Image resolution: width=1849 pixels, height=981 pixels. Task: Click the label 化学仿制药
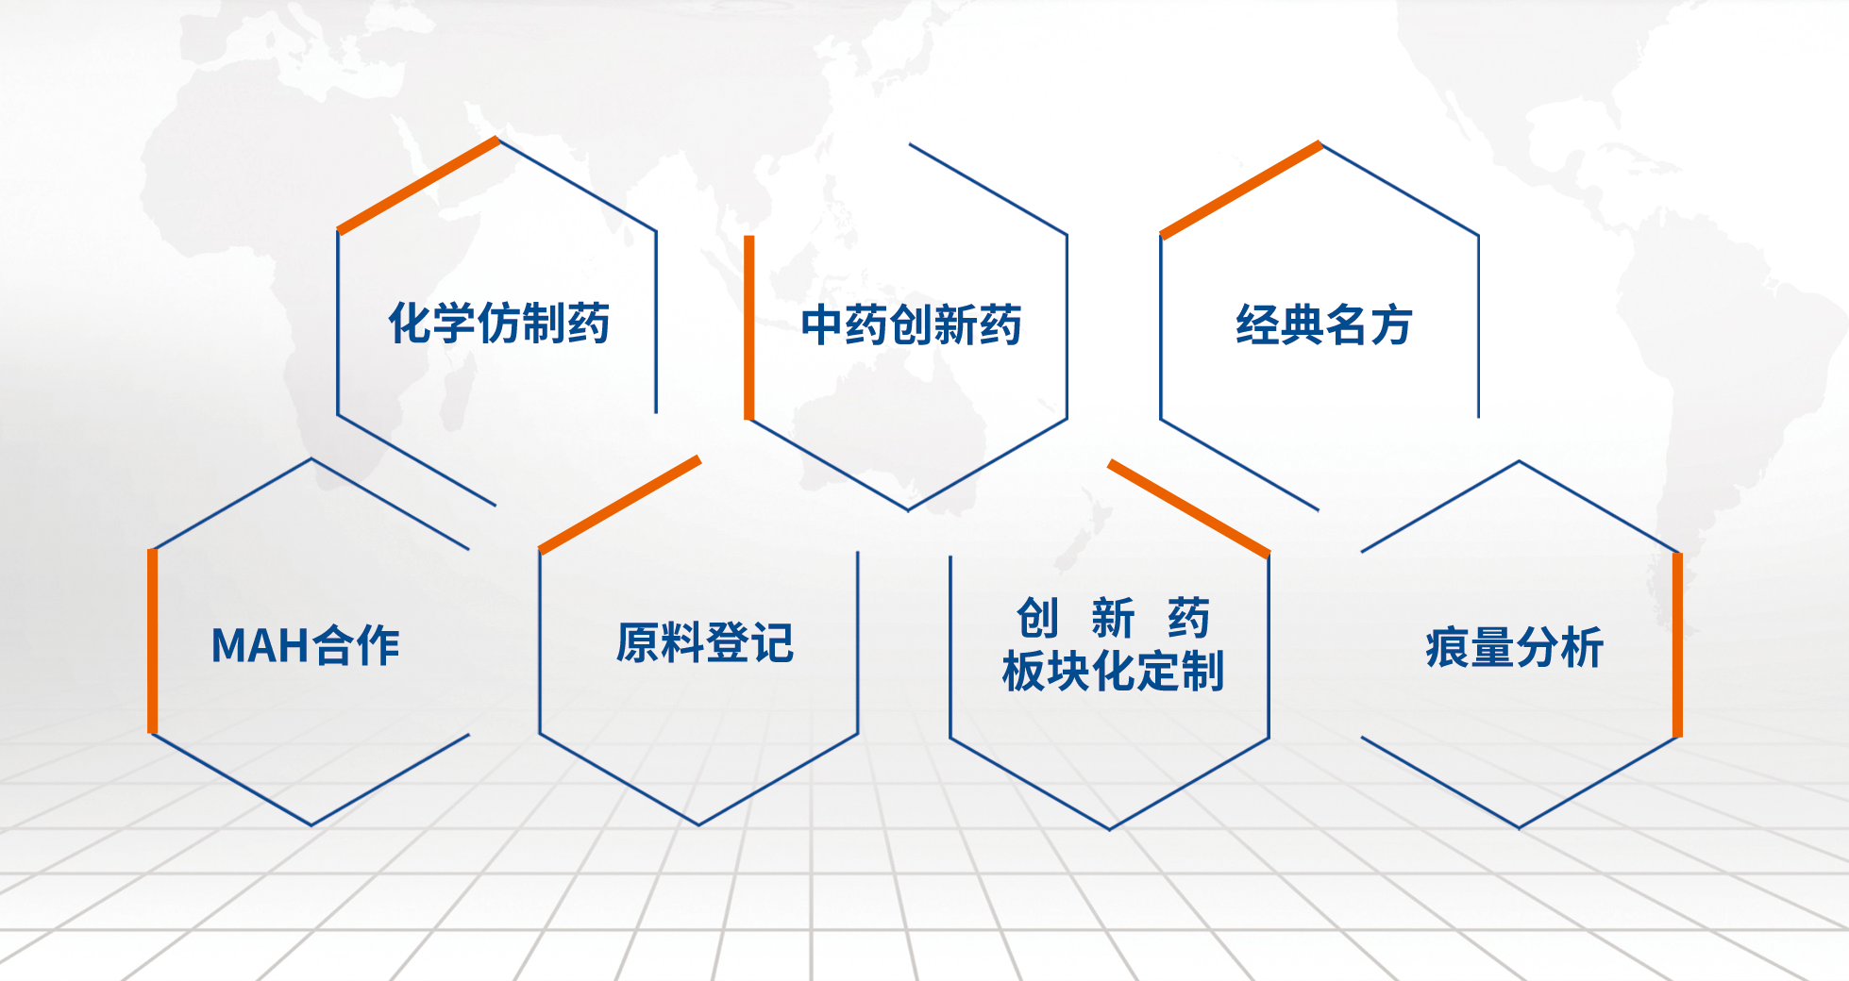[x=499, y=324]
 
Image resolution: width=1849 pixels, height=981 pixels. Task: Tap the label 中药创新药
[x=911, y=325]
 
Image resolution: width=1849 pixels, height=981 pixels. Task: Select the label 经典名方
[x=1323, y=325]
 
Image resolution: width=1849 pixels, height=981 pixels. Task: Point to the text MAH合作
[x=305, y=646]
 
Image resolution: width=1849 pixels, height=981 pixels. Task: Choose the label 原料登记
[x=705, y=643]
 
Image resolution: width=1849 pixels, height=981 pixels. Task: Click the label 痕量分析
[x=1514, y=647]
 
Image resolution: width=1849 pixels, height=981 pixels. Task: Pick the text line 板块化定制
[x=1113, y=671]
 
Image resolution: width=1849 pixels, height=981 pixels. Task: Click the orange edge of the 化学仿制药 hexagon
[x=418, y=185]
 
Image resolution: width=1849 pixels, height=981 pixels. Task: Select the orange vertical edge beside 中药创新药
[x=749, y=327]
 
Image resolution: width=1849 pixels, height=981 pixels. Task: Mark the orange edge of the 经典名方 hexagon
[x=1241, y=190]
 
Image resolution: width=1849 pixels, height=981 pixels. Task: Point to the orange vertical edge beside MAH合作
[x=153, y=640]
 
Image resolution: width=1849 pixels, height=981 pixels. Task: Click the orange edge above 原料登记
[x=620, y=505]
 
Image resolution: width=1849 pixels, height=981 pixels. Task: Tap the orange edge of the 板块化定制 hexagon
[x=1189, y=508]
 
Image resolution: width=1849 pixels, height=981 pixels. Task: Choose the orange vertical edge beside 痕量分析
[x=1677, y=644]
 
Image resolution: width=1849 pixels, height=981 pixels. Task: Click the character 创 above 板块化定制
[x=1037, y=619]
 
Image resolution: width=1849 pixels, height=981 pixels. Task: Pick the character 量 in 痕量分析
[x=1492, y=647]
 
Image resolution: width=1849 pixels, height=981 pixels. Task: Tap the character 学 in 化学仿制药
[x=455, y=324]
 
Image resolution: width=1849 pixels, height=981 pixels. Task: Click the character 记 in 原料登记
[x=773, y=643]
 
